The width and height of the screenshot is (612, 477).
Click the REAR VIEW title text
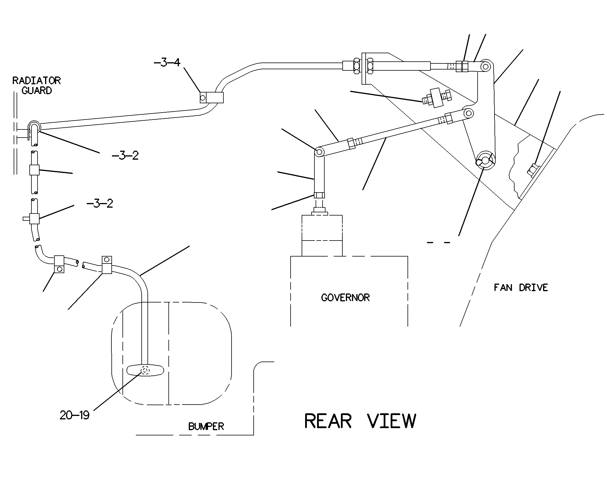(x=360, y=421)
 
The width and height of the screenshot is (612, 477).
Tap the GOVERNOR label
(x=345, y=298)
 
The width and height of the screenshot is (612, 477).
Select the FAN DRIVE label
(x=521, y=288)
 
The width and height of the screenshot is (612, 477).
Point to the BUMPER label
(x=206, y=426)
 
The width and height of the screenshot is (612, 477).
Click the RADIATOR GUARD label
(x=37, y=86)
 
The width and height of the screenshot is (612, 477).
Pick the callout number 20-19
(x=74, y=415)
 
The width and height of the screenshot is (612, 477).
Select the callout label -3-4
(x=167, y=63)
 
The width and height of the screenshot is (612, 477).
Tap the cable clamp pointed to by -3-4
(x=211, y=97)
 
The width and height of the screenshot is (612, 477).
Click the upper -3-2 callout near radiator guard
(x=125, y=156)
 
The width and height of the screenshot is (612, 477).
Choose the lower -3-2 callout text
(x=100, y=203)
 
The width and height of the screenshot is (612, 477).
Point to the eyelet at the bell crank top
(x=485, y=66)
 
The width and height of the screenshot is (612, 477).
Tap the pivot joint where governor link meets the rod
(x=319, y=152)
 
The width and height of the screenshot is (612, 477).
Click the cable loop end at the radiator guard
(x=34, y=127)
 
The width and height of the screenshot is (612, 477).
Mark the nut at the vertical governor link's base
(x=319, y=195)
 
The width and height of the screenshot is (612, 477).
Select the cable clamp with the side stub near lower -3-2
(x=32, y=218)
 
